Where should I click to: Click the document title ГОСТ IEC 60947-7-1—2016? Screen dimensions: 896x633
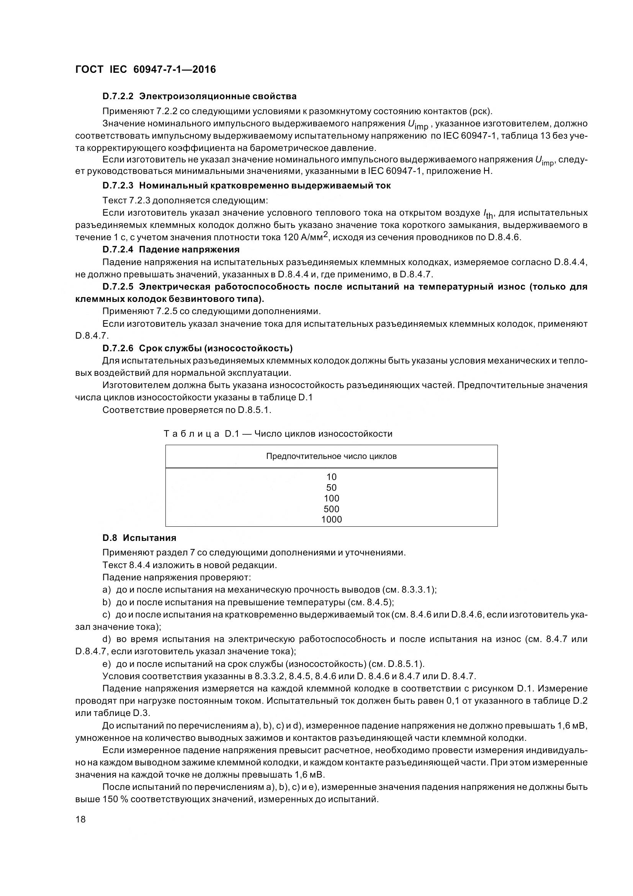146,69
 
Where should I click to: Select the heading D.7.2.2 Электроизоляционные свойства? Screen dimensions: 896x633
199,96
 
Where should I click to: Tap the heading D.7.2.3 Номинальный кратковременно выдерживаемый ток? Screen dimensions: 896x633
247,186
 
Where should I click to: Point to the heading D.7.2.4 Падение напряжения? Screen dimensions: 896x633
171,249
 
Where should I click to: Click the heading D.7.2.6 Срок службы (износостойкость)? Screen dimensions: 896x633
197,348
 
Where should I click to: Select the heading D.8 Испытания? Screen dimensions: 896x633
139,538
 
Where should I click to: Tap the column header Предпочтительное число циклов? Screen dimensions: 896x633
331,456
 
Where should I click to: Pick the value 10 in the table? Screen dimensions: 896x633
331,477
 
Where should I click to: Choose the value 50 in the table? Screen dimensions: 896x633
331,487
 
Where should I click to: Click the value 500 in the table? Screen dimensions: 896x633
331,509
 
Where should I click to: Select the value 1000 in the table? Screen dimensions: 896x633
331,519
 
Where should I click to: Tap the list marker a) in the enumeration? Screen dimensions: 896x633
107,590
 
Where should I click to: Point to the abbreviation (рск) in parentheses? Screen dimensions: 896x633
480,111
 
